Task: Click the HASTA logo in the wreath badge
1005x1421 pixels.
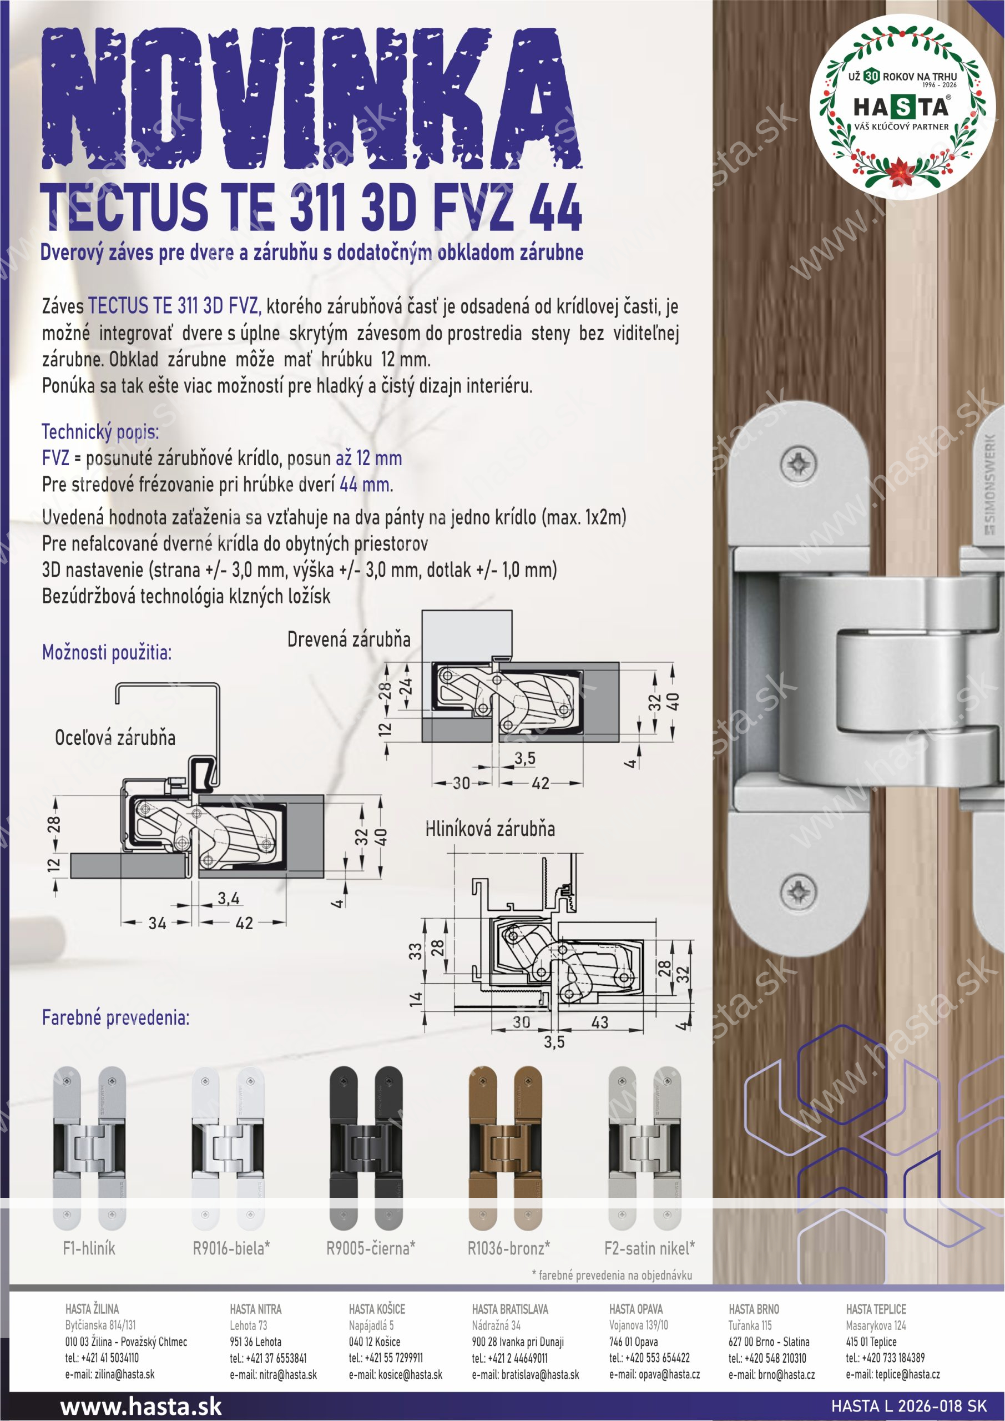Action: click(901, 108)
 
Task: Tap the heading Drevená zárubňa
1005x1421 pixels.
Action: click(349, 639)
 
